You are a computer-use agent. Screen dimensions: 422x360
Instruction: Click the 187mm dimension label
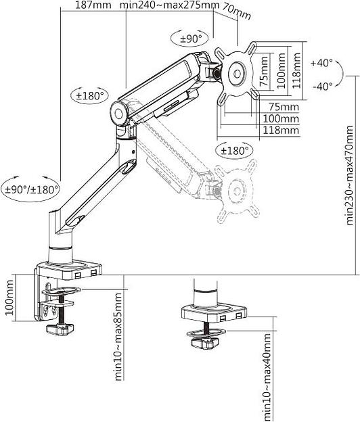click(92, 6)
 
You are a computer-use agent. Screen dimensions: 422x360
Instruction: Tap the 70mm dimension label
click(235, 13)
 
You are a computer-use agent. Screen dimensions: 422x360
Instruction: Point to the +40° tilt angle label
click(321, 63)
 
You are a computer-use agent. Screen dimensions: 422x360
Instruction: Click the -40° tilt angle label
click(321, 86)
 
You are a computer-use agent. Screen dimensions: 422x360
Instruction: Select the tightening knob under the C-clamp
click(58, 329)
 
